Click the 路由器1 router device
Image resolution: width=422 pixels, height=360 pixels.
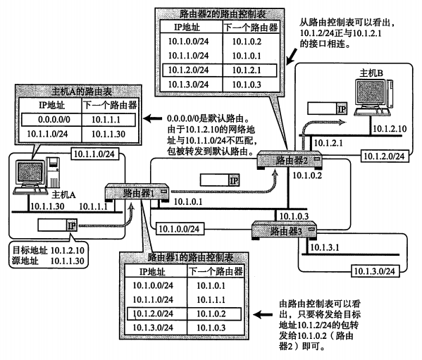pyautogui.click(x=137, y=192)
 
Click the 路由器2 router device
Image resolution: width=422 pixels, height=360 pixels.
pyautogui.click(x=290, y=160)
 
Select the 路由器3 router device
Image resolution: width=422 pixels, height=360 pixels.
pyautogui.click(x=284, y=230)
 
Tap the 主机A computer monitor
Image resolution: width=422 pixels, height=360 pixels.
pyautogui.click(x=30, y=172)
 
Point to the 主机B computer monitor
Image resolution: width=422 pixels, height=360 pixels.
pyautogui.click(x=370, y=92)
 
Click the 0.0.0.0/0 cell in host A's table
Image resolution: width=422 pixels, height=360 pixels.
pyautogui.click(x=54, y=120)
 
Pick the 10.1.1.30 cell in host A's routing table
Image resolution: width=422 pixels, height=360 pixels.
pyautogui.click(x=108, y=134)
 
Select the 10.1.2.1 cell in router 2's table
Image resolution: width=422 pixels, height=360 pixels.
pyautogui.click(x=247, y=70)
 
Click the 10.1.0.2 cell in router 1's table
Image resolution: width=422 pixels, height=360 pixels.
pyautogui.click(x=211, y=314)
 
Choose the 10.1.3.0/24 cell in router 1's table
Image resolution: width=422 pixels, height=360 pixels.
pyautogui.click(x=153, y=328)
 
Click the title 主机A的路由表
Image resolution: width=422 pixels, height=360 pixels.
pyautogui.click(x=82, y=92)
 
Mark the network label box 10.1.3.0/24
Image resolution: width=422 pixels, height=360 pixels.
pyautogui.click(x=376, y=271)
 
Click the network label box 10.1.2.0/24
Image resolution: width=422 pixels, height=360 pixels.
pyautogui.click(x=385, y=156)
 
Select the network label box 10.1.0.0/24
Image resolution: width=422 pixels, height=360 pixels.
pyautogui.click(x=180, y=229)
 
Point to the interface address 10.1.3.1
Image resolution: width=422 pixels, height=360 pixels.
pyautogui.click(x=325, y=247)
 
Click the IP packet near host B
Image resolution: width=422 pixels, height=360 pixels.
pyautogui.click(x=328, y=108)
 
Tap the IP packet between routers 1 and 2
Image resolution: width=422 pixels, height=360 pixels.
pyautogui.click(x=220, y=180)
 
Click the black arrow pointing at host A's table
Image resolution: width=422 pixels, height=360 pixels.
pyautogui.click(x=152, y=118)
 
